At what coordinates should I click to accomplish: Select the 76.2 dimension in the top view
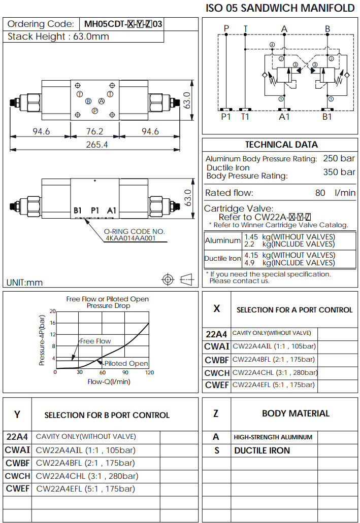pyautogui.click(x=94, y=131)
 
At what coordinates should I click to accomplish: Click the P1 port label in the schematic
pyautogui.click(x=226, y=117)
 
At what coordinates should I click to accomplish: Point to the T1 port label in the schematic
pyautogui.click(x=245, y=117)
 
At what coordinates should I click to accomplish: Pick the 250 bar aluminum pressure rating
pyautogui.click(x=339, y=158)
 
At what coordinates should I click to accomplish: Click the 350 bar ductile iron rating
pyautogui.click(x=339, y=172)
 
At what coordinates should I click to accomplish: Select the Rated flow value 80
pyautogui.click(x=320, y=193)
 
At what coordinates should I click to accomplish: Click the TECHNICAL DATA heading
pyautogui.click(x=281, y=145)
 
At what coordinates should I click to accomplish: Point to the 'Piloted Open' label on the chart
pyautogui.click(x=126, y=363)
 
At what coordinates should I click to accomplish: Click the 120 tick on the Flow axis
pyautogui.click(x=149, y=372)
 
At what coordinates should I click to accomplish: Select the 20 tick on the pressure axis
pyautogui.click(x=52, y=311)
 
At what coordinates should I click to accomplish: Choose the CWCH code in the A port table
pyautogui.click(x=217, y=372)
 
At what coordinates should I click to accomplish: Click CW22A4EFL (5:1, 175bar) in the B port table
pyautogui.click(x=85, y=489)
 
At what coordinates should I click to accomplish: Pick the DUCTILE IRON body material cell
pyautogui.click(x=262, y=450)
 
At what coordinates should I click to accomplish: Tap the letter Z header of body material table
pyautogui.click(x=216, y=413)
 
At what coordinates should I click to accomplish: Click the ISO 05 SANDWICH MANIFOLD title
pyautogui.click(x=280, y=8)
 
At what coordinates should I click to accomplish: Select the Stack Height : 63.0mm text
pyautogui.click(x=58, y=37)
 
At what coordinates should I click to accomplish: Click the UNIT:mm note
pyautogui.click(x=24, y=283)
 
